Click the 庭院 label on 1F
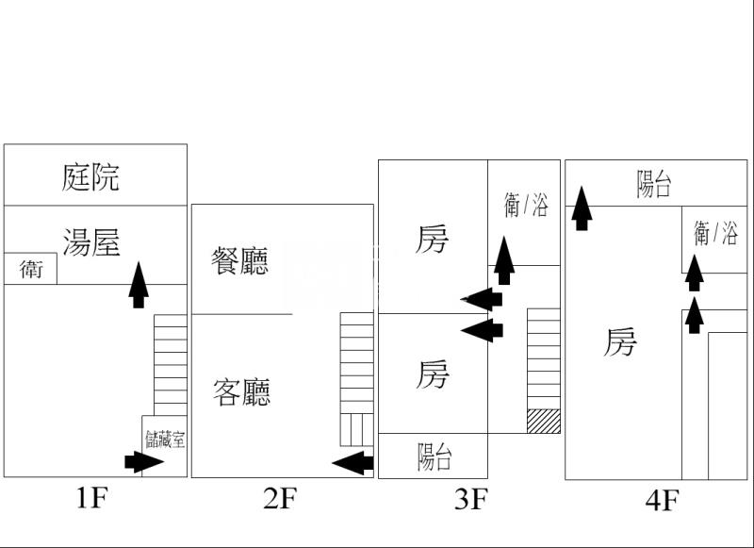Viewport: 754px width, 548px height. coord(91,176)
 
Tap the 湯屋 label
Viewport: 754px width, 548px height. coord(91,242)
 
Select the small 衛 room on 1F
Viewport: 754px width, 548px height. coord(31,269)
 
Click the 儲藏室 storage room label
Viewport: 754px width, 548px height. coord(165,439)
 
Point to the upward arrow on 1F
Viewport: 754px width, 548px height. coord(139,285)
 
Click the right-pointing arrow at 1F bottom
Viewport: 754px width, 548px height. coord(144,461)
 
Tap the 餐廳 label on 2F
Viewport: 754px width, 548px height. coord(240,260)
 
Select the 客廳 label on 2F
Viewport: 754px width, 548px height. coord(242,391)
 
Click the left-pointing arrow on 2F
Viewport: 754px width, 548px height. coord(352,462)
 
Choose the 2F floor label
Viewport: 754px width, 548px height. coord(280,498)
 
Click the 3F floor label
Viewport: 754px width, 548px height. coord(471,499)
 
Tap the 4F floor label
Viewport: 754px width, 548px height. coord(662,499)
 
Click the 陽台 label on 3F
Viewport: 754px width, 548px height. coord(434,457)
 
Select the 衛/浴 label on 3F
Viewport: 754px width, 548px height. coord(525,205)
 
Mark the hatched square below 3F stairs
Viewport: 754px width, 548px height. coord(544,421)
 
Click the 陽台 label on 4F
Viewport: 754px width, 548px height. coord(654,183)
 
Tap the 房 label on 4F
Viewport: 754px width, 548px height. coord(620,342)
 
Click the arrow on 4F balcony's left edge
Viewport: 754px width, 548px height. coord(582,208)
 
